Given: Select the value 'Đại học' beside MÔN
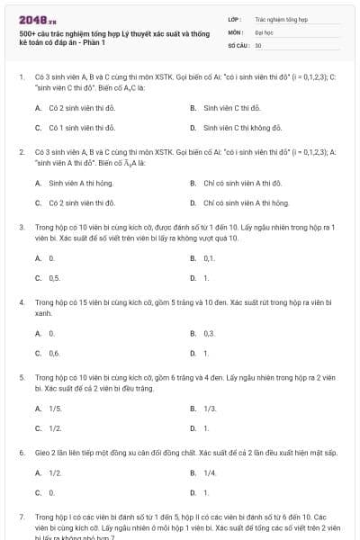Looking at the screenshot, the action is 265,31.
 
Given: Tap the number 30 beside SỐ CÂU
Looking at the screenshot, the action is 258,44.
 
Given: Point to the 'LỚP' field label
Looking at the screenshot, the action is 235,18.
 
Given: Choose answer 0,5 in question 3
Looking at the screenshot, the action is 54,279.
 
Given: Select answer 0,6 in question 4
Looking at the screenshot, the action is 54,354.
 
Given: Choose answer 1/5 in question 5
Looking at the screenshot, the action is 55,408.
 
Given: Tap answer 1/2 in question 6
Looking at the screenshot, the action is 55,472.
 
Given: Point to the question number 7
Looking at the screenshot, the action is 21,517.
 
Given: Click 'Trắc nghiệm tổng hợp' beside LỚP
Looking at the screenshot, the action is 282,18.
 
